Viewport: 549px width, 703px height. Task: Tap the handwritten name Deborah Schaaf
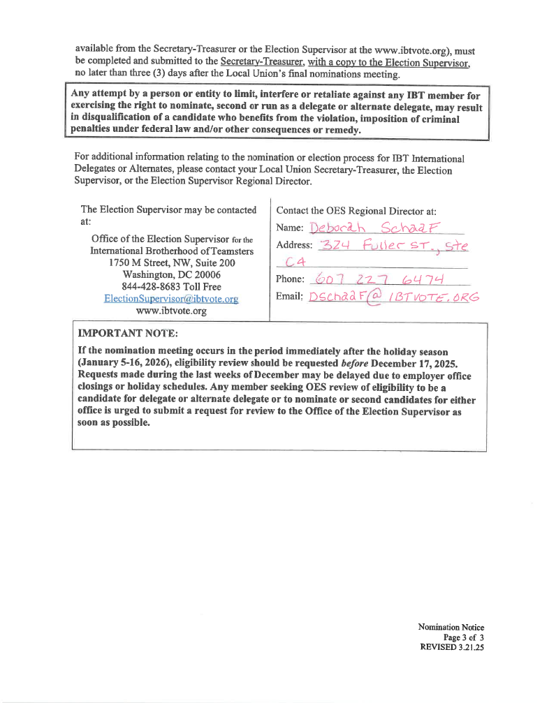pyautogui.click(x=377, y=228)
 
